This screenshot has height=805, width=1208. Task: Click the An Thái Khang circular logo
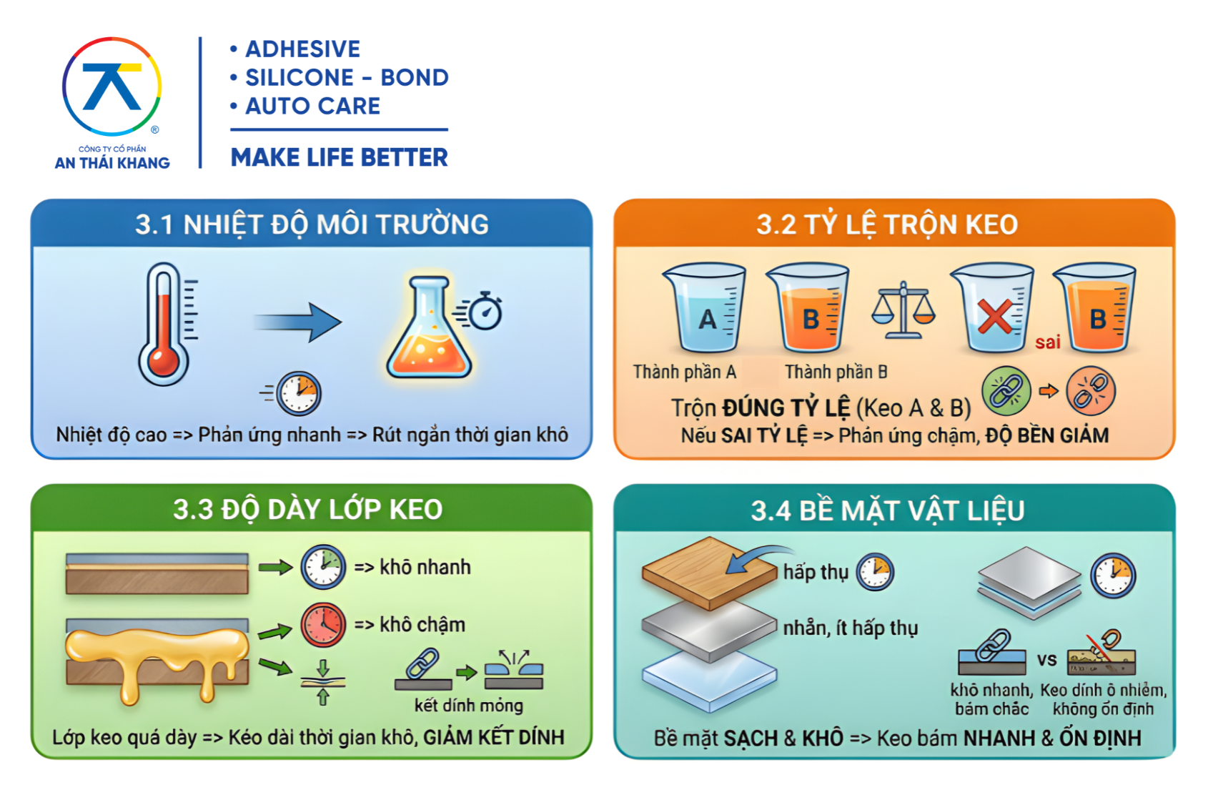tap(112, 87)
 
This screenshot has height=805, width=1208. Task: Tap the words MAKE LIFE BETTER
tap(340, 157)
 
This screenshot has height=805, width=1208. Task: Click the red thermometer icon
tap(164, 324)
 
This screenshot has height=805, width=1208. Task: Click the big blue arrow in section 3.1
tap(297, 322)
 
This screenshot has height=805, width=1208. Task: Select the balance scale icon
tap(903, 310)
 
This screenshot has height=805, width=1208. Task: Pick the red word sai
tap(1047, 342)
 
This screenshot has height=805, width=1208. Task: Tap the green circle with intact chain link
tap(1006, 390)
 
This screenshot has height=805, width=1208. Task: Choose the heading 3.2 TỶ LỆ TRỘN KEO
tap(887, 224)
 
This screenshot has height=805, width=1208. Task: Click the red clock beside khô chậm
tap(323, 625)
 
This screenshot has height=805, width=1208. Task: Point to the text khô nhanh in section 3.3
tap(425, 567)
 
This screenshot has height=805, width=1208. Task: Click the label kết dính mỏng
tap(469, 705)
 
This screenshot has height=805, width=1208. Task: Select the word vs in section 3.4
tap(1046, 659)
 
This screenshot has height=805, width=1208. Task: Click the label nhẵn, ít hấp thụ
tap(851, 628)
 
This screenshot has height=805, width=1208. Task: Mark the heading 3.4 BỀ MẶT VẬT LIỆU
tap(888, 510)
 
